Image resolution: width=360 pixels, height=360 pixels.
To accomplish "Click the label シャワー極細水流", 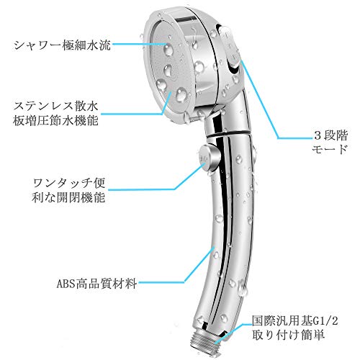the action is coord(63,45).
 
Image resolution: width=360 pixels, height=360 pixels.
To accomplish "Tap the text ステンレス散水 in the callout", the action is coord(56,106).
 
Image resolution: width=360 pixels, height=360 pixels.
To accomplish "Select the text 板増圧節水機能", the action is coord(56,120).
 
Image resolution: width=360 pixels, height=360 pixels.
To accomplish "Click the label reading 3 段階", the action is coord(330,136).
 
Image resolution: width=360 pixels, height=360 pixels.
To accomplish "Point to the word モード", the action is coord(330,149).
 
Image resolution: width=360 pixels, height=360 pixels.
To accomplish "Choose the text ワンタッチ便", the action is coord(69,183).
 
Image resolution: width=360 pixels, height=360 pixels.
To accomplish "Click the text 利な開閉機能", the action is coord(68,197).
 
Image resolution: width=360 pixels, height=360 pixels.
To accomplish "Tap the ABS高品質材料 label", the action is coord(96,284).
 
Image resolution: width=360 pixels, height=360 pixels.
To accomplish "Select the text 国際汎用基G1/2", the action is coord(295,320).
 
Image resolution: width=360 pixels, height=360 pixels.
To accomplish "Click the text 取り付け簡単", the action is coord(288,335).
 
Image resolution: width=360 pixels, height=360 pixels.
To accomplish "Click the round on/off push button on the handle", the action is coord(208,157).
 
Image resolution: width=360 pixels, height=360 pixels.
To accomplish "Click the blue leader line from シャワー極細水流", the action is coord(140,44).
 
